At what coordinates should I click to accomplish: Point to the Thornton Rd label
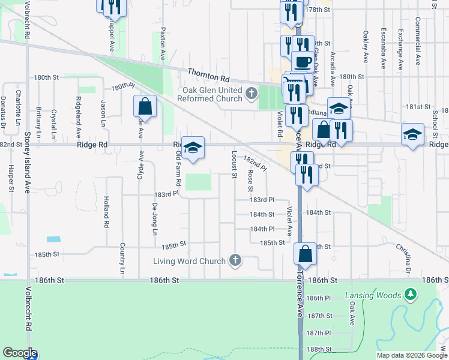208,74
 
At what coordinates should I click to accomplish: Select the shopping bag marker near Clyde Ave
145,107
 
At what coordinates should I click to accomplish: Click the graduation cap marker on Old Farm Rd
193,148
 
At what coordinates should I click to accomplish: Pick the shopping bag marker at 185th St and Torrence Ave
305,254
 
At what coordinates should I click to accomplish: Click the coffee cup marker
303,62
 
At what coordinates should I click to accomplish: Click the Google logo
19,353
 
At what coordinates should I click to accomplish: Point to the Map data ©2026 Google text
412,355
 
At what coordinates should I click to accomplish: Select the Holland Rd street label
106,212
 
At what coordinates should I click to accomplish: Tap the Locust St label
234,164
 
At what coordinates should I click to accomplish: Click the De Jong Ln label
154,220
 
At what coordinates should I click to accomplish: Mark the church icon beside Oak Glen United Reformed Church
251,93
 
